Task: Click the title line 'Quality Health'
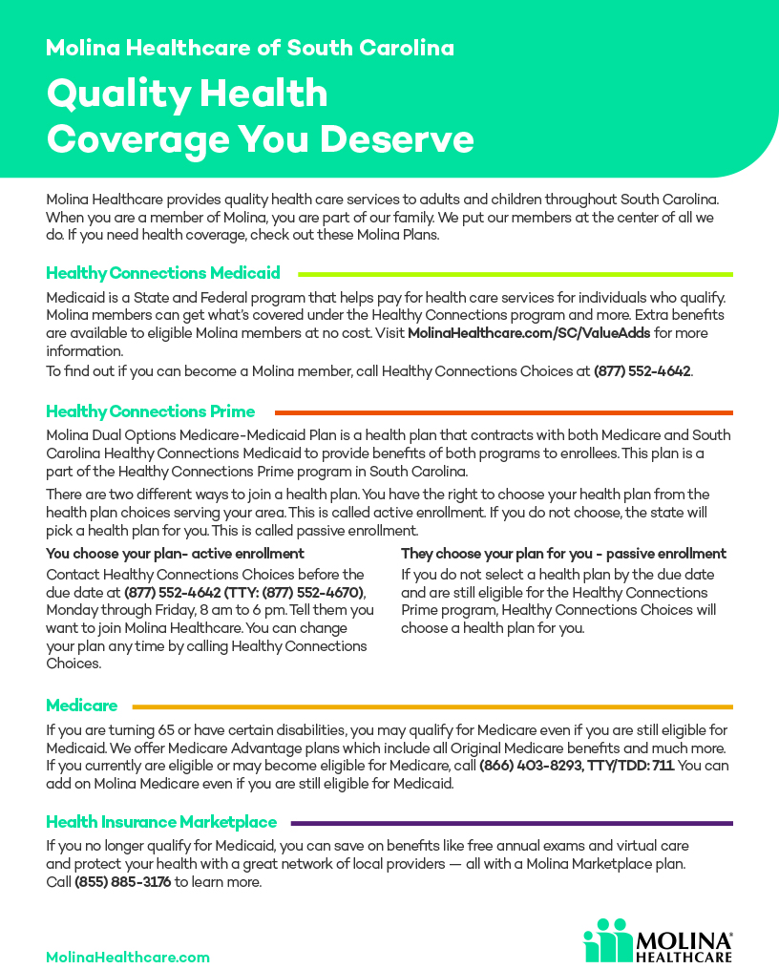[187, 95]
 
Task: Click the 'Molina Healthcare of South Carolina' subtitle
[250, 48]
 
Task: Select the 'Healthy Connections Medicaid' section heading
[163, 273]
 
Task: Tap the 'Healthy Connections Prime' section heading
[151, 411]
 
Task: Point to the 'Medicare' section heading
[82, 706]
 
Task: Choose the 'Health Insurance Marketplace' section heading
[161, 822]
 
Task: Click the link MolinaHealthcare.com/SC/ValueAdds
[529, 333]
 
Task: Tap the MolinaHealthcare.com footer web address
[128, 957]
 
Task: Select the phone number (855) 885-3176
[123, 882]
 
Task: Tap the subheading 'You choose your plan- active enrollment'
[176, 554]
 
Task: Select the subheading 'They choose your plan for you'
[563, 554]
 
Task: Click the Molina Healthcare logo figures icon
[607, 939]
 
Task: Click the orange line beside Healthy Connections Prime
[503, 412]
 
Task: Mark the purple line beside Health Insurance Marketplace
[512, 823]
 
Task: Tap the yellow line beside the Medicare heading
[432, 706]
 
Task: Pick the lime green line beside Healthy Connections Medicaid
[516, 274]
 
